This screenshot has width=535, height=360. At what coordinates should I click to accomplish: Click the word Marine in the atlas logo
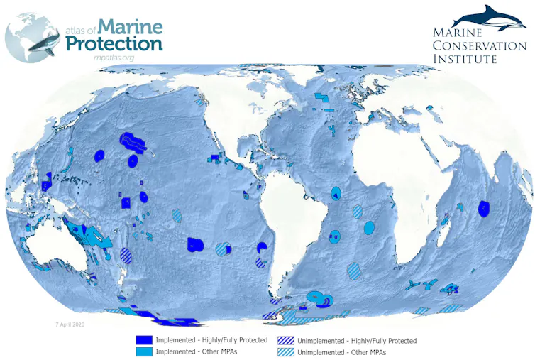pyautogui.click(x=131, y=27)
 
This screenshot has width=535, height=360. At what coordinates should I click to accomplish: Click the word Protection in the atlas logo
pyautogui.click(x=114, y=43)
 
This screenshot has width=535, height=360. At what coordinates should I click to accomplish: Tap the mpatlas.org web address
pyautogui.click(x=114, y=57)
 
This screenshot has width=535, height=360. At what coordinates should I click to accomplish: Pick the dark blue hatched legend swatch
pyautogui.click(x=286, y=340)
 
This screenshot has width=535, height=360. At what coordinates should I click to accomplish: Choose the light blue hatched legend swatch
pyautogui.click(x=286, y=351)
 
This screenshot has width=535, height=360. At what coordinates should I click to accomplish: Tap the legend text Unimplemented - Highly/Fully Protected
pyautogui.click(x=357, y=341)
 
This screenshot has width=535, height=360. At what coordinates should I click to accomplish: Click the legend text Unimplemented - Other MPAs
pyautogui.click(x=336, y=351)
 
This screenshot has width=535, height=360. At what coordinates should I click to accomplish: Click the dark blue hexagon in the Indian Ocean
pyautogui.click(x=484, y=208)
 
